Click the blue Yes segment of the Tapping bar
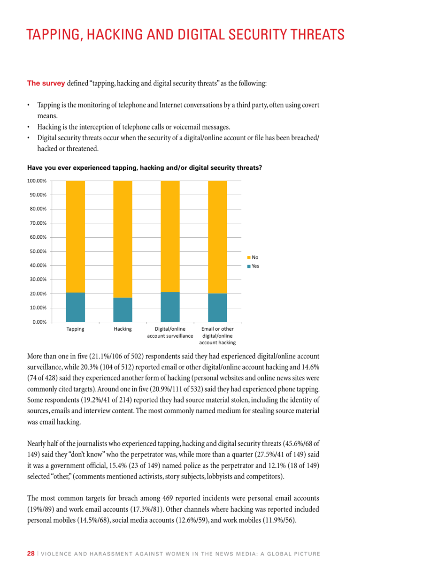pyautogui.click(x=75, y=307)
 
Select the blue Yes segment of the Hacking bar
pyautogui.click(x=123, y=310)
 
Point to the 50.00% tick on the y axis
pyautogui.click(x=37, y=251)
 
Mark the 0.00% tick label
pyautogui.click(x=38, y=322)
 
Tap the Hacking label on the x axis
pyautogui.click(x=123, y=329)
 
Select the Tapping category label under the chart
pyautogui.click(x=75, y=329)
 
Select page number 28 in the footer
pyautogui.click(x=31, y=554)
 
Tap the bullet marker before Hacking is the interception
pyautogui.click(x=29, y=127)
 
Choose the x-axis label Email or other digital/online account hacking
pyautogui.click(x=217, y=336)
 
